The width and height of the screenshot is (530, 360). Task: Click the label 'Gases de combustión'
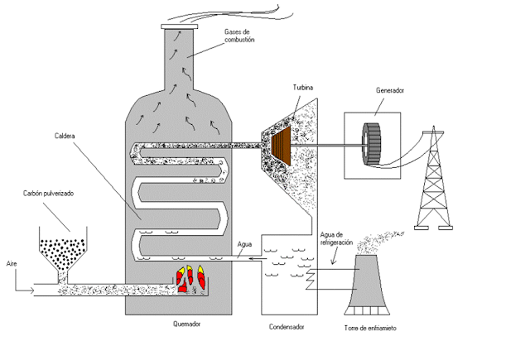point(239,36)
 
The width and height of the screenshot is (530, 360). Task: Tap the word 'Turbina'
point(303,88)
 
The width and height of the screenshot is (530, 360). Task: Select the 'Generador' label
point(390,90)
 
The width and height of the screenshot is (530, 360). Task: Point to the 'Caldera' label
point(65,136)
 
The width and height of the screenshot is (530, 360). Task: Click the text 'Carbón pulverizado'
point(48,194)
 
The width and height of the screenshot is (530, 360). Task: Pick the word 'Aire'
point(12,263)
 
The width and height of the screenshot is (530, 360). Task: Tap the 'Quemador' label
point(187,324)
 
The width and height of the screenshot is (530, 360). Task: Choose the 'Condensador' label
point(287,327)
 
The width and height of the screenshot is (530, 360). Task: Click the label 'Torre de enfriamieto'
point(370,328)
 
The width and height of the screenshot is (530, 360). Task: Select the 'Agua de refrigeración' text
point(336,238)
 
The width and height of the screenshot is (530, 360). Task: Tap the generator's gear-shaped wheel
point(372,144)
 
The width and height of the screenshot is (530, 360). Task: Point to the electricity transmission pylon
point(434,178)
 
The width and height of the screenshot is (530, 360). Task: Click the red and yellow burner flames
point(190,279)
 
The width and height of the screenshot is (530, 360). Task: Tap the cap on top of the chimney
point(180,26)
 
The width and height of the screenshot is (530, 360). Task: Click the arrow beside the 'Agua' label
point(258,259)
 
